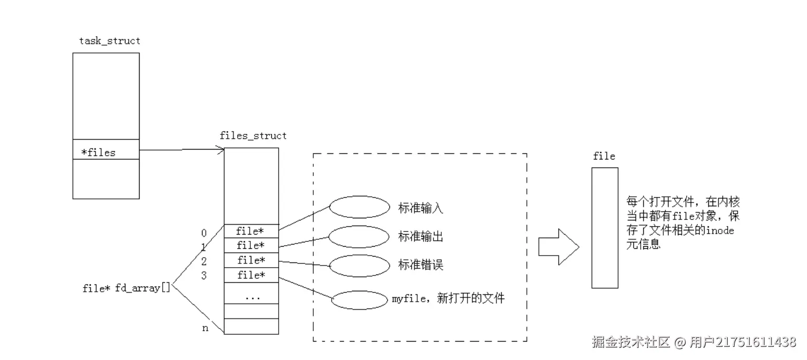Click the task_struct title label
[110, 40]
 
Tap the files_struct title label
[253, 135]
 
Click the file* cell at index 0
[251, 231]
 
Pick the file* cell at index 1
[251, 245]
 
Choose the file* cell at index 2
[251, 260]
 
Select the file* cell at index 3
[251, 275]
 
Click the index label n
[205, 328]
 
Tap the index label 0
[204, 232]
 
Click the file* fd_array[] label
[126, 288]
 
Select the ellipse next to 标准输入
[359, 207]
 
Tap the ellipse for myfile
[359, 300]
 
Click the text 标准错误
[421, 265]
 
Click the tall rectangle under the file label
[604, 227]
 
